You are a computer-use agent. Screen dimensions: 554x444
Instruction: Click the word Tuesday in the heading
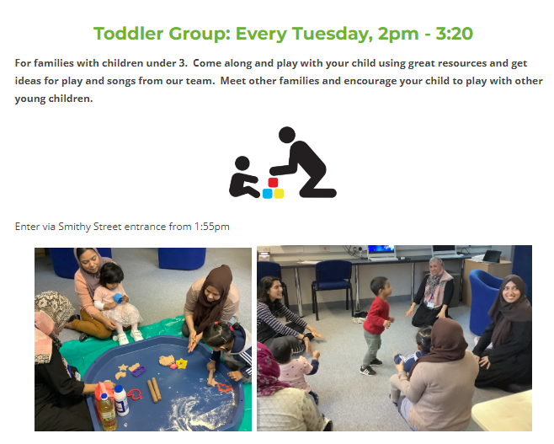[x=332, y=34]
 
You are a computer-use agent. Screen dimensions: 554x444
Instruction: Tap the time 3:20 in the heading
[x=454, y=34]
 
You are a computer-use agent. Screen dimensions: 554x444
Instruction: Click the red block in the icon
[x=273, y=183]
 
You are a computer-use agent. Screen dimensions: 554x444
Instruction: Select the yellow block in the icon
[x=279, y=194]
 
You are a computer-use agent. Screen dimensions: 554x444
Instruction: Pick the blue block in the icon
[x=268, y=194]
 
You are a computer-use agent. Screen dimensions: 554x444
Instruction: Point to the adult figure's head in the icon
[x=287, y=135]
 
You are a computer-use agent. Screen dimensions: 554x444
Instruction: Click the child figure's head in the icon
[x=242, y=163]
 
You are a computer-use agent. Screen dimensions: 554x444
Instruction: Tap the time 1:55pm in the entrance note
[x=212, y=227]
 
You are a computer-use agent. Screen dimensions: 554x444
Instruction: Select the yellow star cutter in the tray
[x=182, y=363]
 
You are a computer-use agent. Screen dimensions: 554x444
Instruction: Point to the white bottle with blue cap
[x=121, y=400]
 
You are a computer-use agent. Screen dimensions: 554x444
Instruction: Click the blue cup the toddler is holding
[x=118, y=297]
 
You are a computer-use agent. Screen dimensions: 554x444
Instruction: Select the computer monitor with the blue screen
[x=381, y=251]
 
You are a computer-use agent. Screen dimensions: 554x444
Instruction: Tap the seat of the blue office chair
[x=332, y=285]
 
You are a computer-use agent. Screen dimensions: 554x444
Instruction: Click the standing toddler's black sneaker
[x=367, y=371]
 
